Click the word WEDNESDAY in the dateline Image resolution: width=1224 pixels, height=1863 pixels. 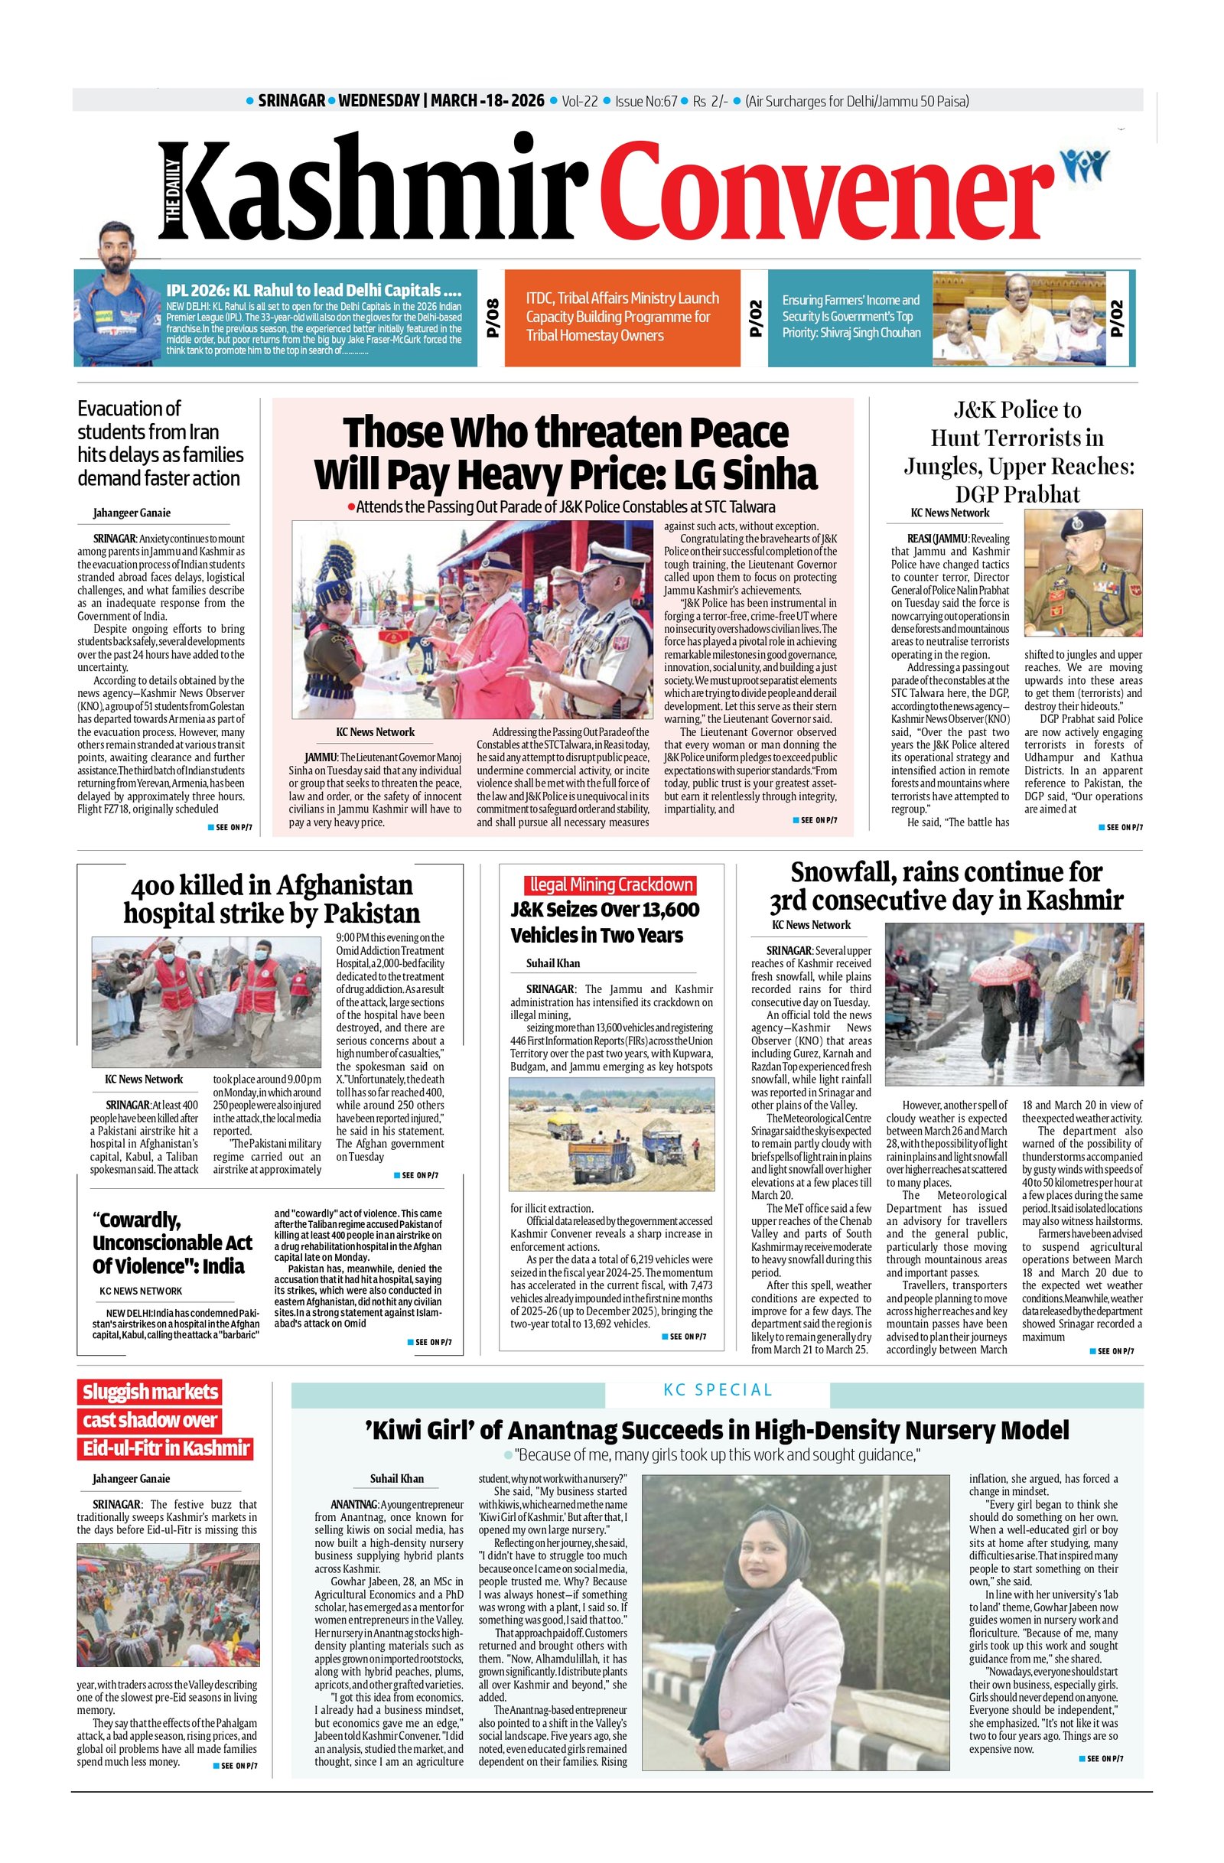[379, 101]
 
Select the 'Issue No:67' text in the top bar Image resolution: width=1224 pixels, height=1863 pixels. [646, 101]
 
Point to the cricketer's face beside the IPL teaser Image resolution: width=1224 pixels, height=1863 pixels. [116, 243]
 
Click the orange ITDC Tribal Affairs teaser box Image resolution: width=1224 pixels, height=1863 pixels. [621, 317]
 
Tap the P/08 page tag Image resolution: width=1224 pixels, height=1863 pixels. [492, 318]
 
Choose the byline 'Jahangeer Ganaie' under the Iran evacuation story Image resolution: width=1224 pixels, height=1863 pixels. [132, 513]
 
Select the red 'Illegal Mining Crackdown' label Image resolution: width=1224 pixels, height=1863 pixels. [610, 885]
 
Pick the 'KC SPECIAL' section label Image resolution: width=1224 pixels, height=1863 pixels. [717, 1390]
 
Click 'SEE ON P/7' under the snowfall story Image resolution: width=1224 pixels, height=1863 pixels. [1112, 1352]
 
